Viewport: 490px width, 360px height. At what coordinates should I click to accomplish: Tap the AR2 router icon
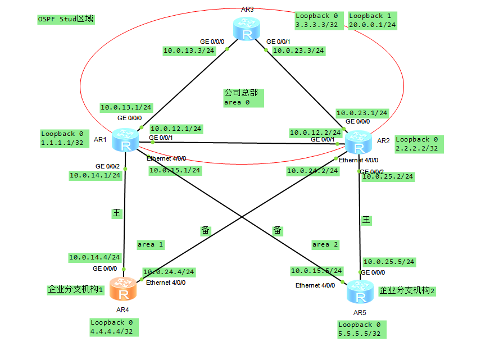coord(357,142)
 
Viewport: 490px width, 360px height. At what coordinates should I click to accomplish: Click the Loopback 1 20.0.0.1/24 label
coord(373,21)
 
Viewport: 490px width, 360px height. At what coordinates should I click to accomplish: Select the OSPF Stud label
coord(65,19)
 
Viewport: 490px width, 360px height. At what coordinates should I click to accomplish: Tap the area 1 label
coord(150,244)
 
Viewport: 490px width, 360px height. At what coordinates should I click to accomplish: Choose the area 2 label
coord(325,244)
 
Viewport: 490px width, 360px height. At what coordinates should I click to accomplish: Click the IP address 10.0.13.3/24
coord(189,51)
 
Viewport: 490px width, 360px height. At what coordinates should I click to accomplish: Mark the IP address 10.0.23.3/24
coord(298,51)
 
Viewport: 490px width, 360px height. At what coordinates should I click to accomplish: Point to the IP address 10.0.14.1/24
coord(96,175)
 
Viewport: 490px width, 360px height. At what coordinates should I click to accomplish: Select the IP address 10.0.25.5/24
coord(389,262)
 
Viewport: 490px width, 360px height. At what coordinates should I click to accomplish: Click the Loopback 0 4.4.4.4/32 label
coord(114,327)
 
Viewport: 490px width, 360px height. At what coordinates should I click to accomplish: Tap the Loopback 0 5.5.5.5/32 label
coord(362,329)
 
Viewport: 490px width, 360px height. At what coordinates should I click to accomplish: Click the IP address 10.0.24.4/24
coord(169,272)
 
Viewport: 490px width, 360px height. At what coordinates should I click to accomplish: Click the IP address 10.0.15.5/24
coord(316,271)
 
